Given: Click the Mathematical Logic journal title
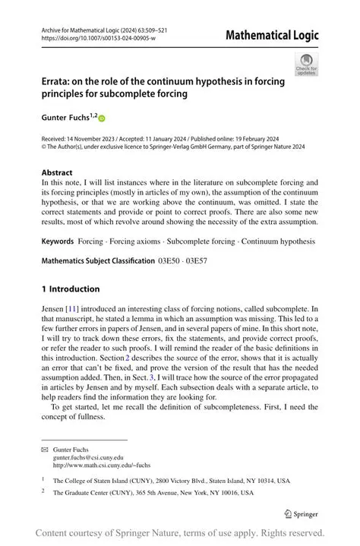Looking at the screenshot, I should [272, 35].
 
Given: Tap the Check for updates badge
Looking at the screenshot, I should [306, 65].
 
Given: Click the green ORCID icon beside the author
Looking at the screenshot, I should [101, 118].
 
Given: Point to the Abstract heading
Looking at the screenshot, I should [58, 172].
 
